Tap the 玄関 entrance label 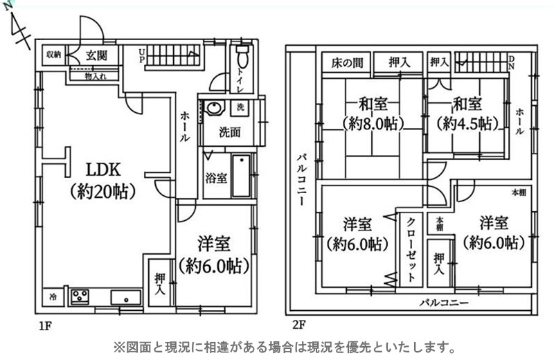point(96,55)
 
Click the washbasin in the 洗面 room point(215,107)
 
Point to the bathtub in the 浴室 point(241,176)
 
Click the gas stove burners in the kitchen point(80,296)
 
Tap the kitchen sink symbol point(126,297)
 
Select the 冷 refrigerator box point(53,297)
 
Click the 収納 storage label point(54,55)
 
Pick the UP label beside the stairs point(142,55)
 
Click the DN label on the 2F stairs point(512,62)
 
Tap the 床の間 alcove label point(347,63)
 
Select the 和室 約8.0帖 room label point(373,114)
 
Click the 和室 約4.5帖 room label point(467,114)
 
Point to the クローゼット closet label point(411,249)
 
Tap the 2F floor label point(298,324)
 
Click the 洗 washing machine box point(240,107)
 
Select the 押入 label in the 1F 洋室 point(160,284)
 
